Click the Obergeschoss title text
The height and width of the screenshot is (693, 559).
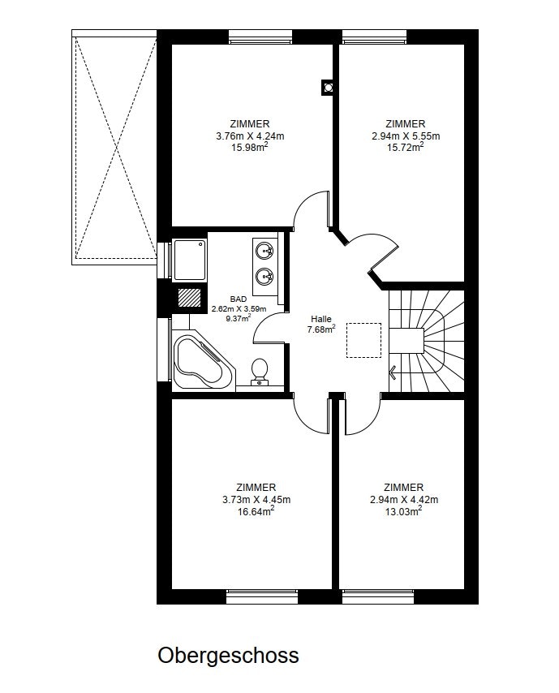point(228,656)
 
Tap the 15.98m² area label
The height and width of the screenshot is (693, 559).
point(250,147)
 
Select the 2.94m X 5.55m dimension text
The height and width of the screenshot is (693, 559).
point(406,136)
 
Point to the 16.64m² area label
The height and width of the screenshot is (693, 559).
point(256,511)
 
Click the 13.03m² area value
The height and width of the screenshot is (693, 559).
point(403,511)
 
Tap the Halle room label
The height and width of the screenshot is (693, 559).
point(320,319)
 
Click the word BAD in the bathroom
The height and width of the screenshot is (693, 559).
point(239,299)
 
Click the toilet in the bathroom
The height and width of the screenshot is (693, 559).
point(259,372)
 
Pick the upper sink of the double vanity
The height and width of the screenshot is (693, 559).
point(264,251)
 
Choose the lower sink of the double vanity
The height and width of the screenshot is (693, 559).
point(264,277)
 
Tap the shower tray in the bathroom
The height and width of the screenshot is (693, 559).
point(190,260)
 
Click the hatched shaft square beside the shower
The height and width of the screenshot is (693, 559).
point(190,298)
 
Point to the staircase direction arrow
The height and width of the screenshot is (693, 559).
point(393,372)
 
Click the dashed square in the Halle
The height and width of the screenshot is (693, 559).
point(363,340)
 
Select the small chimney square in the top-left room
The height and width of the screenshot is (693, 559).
point(328,88)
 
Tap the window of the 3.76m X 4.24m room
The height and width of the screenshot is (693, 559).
point(260,37)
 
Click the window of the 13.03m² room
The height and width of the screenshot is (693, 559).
point(378,596)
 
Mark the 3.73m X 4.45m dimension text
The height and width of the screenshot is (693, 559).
point(256,500)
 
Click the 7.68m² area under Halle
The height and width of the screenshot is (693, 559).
point(321,329)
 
